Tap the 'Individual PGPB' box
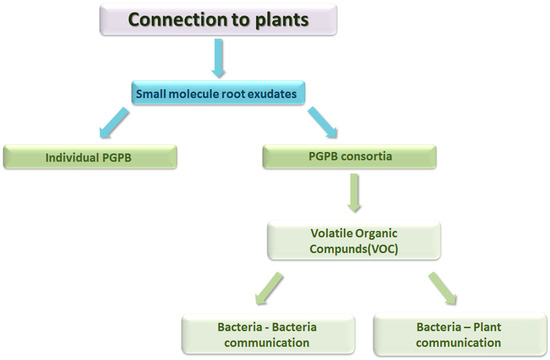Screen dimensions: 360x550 (x=91, y=157)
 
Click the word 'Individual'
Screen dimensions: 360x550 (x=76, y=157)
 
